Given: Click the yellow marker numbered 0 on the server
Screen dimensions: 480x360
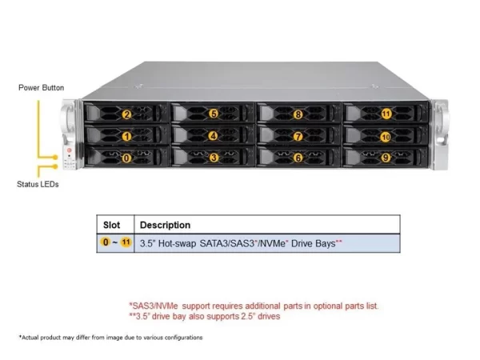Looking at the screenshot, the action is [x=126, y=158].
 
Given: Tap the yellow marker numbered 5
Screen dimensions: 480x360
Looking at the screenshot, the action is [x=214, y=114].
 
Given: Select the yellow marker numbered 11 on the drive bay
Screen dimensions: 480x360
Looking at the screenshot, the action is [x=386, y=114].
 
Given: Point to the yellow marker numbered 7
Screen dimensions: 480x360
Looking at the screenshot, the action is [x=298, y=136].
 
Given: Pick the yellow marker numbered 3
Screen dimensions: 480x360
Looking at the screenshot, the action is [x=214, y=158].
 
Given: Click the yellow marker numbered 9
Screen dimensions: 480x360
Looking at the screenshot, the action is [x=386, y=158].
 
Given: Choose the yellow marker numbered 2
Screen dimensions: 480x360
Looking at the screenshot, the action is [x=126, y=114].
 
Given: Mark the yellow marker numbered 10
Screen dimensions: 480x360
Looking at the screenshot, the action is [x=386, y=137].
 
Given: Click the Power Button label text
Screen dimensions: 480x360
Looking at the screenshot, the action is [x=42, y=88].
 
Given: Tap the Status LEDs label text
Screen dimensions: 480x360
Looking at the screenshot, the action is [x=38, y=184].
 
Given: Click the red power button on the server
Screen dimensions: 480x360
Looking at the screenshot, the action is [x=69, y=150].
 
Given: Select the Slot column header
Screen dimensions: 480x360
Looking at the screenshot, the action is [x=111, y=225].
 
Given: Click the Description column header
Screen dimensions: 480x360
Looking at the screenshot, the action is [x=165, y=225].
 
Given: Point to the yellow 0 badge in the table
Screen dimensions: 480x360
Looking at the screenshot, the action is [x=106, y=242].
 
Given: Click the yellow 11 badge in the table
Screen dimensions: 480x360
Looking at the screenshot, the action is [x=126, y=242].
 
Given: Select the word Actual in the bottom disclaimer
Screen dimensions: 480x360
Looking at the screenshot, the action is [x=30, y=338].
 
